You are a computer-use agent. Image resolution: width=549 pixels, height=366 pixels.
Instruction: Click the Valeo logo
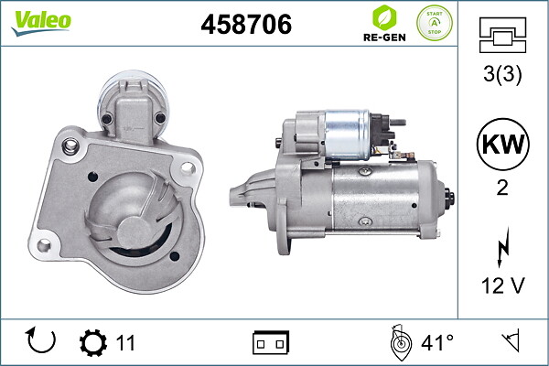(x=41, y=23)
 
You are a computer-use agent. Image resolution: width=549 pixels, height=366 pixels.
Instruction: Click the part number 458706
(x=246, y=24)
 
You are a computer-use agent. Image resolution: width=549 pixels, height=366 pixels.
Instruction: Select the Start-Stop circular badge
(x=434, y=23)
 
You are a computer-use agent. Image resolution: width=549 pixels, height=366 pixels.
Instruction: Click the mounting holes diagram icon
(x=502, y=35)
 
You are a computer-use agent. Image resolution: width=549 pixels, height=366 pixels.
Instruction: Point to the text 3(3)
(x=502, y=73)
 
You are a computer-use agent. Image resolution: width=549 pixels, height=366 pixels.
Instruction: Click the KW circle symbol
(x=502, y=145)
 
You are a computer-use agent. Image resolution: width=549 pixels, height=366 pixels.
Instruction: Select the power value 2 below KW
(x=502, y=188)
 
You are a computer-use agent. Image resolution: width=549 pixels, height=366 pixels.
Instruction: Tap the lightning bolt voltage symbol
(x=502, y=247)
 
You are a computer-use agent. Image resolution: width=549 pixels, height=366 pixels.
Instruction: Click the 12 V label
(x=502, y=285)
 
